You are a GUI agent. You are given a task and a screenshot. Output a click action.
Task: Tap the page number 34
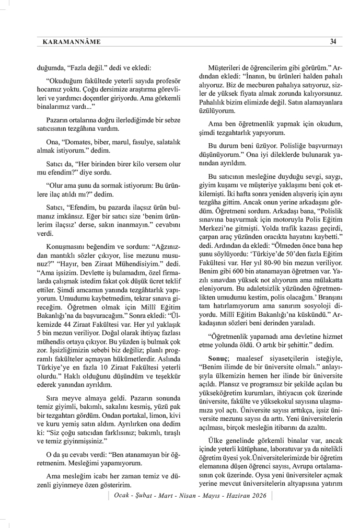[333, 42]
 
